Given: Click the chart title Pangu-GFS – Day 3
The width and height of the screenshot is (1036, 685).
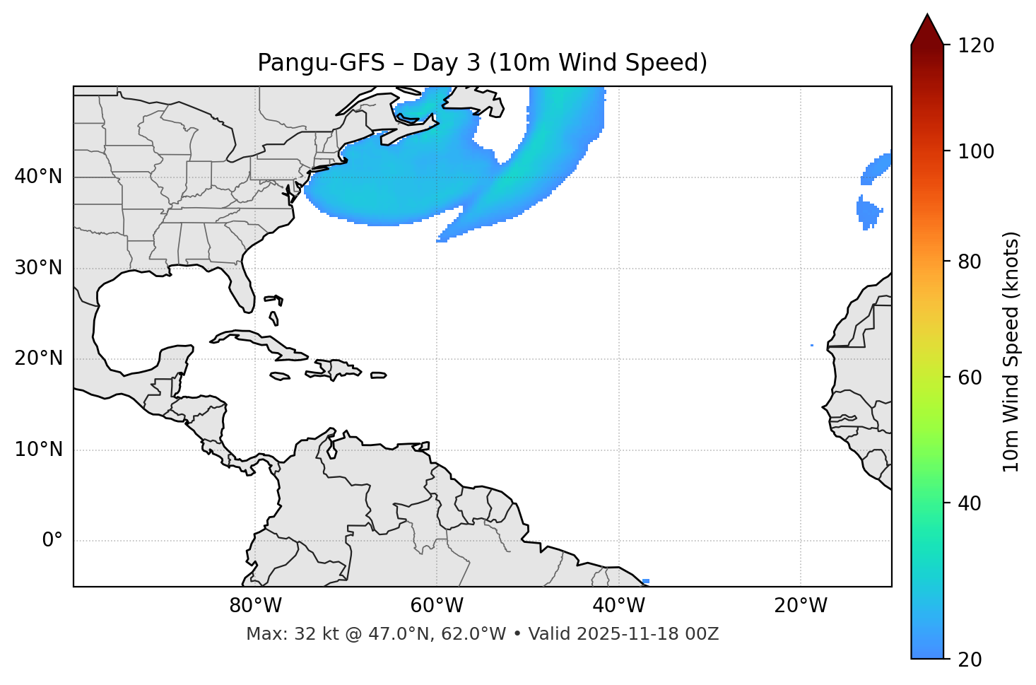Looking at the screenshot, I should (482, 63).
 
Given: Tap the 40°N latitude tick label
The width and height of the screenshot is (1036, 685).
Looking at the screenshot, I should (38, 177).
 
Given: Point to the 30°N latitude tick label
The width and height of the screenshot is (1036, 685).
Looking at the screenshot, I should (38, 268).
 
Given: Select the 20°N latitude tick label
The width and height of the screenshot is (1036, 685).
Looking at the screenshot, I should (38, 358).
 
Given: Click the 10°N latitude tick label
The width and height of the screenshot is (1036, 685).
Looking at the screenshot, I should (38, 450).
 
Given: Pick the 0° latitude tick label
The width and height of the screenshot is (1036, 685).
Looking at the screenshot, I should (52, 541).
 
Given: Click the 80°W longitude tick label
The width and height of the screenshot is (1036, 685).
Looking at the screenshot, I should (255, 606).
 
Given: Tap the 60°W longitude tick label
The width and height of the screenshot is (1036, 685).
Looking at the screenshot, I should (437, 606).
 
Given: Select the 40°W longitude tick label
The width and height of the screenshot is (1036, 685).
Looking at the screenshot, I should (618, 606).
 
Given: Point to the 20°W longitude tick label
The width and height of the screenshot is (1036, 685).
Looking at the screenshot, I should (800, 606).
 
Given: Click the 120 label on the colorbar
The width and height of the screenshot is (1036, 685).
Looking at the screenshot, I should (976, 46).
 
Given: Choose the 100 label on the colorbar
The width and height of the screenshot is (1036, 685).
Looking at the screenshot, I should (976, 151).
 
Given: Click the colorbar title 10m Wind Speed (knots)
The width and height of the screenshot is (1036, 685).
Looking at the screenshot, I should (1011, 351).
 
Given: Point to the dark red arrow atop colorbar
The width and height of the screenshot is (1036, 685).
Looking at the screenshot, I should (927, 30).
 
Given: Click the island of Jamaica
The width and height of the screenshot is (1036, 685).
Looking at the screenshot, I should (281, 376).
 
